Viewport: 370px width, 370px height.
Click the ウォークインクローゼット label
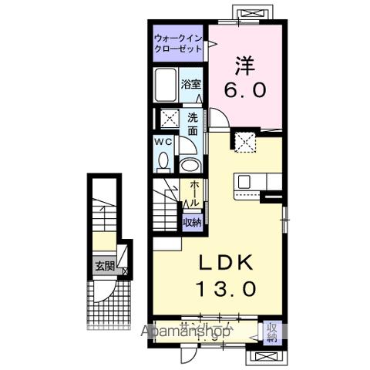[x=177, y=43]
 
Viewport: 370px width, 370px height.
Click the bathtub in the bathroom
[x=165, y=86]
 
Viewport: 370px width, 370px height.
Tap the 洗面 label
[x=193, y=124]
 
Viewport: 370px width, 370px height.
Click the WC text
[x=163, y=143]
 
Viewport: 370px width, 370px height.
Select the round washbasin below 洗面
[x=189, y=163]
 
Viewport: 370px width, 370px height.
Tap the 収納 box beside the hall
[x=192, y=222]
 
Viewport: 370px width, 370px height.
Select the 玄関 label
[x=103, y=267]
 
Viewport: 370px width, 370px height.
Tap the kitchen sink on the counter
[x=244, y=183]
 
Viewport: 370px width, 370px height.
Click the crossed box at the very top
[x=253, y=12]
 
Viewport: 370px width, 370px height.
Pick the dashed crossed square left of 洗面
[x=169, y=119]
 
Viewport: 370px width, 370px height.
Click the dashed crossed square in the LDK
[x=246, y=140]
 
